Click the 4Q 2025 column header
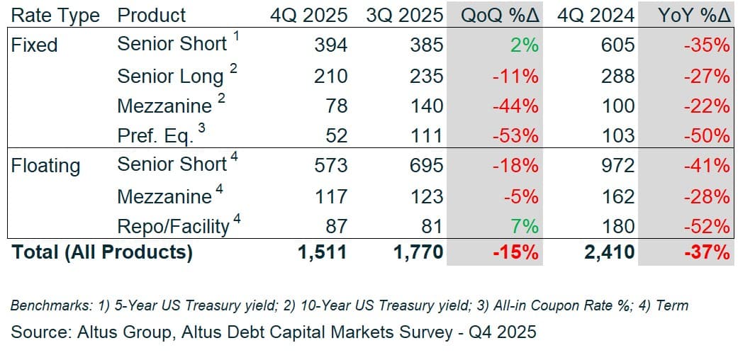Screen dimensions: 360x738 pyautogui.click(x=309, y=15)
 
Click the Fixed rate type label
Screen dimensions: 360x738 pyautogui.click(x=34, y=45)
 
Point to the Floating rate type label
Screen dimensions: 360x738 pyautogui.click(x=45, y=166)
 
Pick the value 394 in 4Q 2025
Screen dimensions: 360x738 pyautogui.click(x=330, y=45)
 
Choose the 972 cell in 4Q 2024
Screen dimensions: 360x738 pyautogui.click(x=618, y=166)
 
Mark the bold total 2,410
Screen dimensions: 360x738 pyautogui.click(x=610, y=252)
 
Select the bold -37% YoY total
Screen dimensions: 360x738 pyautogui.click(x=706, y=252)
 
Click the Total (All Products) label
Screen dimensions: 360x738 pyautogui.click(x=102, y=252)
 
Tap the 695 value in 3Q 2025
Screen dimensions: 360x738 pyautogui.click(x=426, y=166)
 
